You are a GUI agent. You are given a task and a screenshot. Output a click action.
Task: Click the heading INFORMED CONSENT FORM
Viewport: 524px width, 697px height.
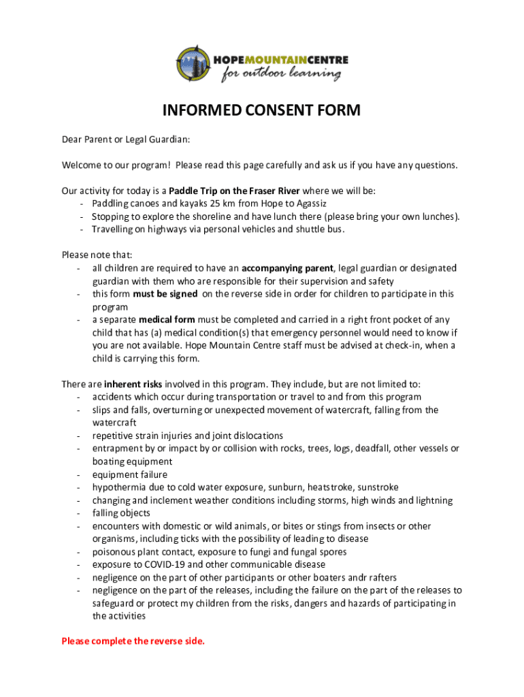261,111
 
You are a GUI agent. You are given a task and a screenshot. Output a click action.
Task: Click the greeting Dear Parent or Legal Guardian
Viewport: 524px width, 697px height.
126,140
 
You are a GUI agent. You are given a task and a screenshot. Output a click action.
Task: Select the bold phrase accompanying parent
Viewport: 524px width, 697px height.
288,268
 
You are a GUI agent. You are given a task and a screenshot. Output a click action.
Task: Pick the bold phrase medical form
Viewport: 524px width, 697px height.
167,319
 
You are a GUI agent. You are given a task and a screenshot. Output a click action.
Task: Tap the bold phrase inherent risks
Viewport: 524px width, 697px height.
133,384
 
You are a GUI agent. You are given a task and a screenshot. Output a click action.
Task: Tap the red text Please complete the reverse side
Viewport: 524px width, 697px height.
133,641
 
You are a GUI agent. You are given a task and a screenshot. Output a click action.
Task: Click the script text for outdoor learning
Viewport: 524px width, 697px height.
280,74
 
